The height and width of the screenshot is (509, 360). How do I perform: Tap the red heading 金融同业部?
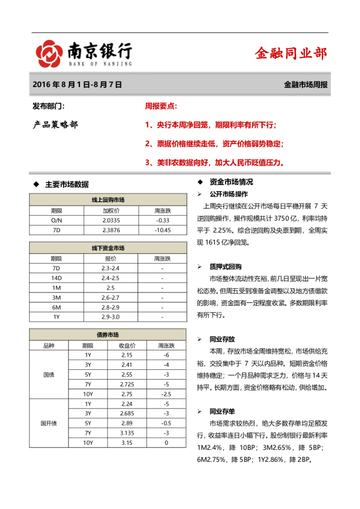(290, 54)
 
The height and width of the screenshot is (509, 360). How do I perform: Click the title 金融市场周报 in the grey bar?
(306, 85)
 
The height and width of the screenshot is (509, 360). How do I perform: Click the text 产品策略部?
(55, 125)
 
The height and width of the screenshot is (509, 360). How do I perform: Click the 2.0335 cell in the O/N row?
(111, 220)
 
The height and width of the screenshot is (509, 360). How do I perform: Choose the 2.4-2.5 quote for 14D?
(111, 277)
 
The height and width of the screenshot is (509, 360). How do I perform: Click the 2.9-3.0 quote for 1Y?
(111, 316)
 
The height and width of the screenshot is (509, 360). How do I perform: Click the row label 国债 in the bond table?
(48, 375)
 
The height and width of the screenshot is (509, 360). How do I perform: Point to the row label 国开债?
(48, 423)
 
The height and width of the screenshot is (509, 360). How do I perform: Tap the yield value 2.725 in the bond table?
(127, 384)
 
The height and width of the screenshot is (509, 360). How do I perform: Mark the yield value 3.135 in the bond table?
(127, 433)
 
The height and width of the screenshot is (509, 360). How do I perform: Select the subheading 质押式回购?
(226, 267)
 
